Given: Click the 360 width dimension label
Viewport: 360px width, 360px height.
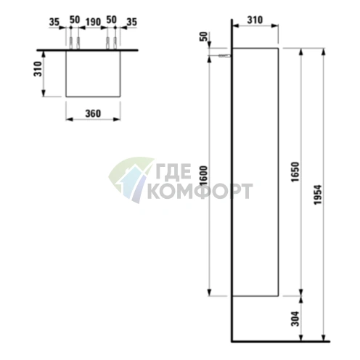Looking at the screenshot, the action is (x=93, y=113).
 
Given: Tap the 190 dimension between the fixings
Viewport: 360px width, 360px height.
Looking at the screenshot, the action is (x=93, y=22).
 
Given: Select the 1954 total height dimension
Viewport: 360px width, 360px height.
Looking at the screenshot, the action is (x=318, y=195).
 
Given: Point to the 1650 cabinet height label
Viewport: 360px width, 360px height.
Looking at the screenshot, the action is (x=295, y=172).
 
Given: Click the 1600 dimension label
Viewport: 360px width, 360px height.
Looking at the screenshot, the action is (x=204, y=176).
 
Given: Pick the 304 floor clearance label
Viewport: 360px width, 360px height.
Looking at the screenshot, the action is (x=295, y=319).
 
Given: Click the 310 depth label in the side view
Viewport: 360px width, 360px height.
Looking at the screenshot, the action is (x=255, y=20).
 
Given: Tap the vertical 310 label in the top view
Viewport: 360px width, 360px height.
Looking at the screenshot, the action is (x=38, y=69).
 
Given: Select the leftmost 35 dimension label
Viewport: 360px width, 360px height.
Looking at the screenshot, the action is (x=54, y=22).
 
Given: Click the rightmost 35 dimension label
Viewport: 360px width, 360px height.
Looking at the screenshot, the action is (x=132, y=22).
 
